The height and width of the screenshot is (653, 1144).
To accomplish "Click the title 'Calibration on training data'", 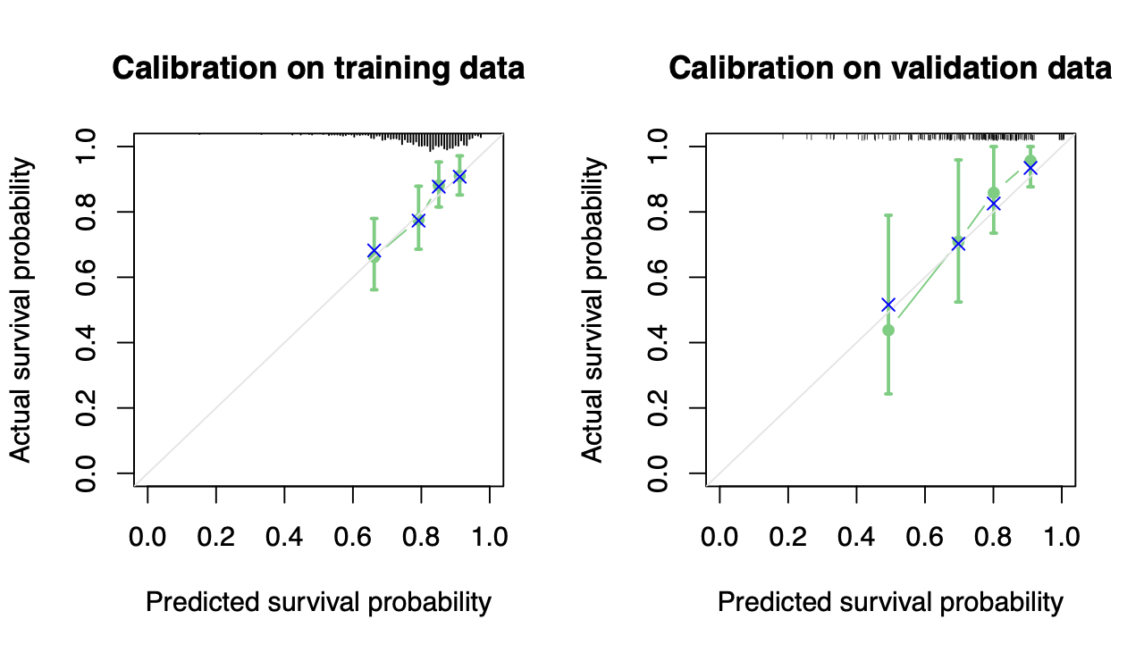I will (318, 69).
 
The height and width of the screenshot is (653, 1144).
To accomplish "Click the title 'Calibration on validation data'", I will (890, 69).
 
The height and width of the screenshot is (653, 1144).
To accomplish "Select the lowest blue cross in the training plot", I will (374, 251).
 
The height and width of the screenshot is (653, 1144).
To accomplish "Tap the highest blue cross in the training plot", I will (459, 177).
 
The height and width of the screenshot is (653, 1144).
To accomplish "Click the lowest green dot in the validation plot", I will (888, 330).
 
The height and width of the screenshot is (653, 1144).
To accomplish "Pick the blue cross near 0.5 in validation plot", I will (888, 305).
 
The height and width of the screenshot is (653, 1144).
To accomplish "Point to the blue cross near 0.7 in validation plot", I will (958, 243).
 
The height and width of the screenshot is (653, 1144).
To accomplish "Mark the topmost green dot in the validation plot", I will (1030, 161).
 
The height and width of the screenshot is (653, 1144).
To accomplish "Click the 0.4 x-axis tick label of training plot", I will (284, 537).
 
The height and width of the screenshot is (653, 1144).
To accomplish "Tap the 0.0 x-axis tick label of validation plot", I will (719, 537).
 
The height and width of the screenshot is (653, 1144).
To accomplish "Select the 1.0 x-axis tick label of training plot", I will (489, 537).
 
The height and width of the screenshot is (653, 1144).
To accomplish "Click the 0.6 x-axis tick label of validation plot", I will (924, 537).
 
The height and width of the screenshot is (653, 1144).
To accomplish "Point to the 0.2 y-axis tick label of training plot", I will (88, 408).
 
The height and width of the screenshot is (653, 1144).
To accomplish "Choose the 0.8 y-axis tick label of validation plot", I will (660, 212).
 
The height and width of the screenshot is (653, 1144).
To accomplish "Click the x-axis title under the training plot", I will (318, 602).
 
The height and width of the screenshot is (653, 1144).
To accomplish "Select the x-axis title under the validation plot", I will (890, 602).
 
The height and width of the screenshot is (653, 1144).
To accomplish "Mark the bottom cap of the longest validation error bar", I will (888, 393).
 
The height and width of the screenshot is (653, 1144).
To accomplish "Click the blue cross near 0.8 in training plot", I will (417, 221).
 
